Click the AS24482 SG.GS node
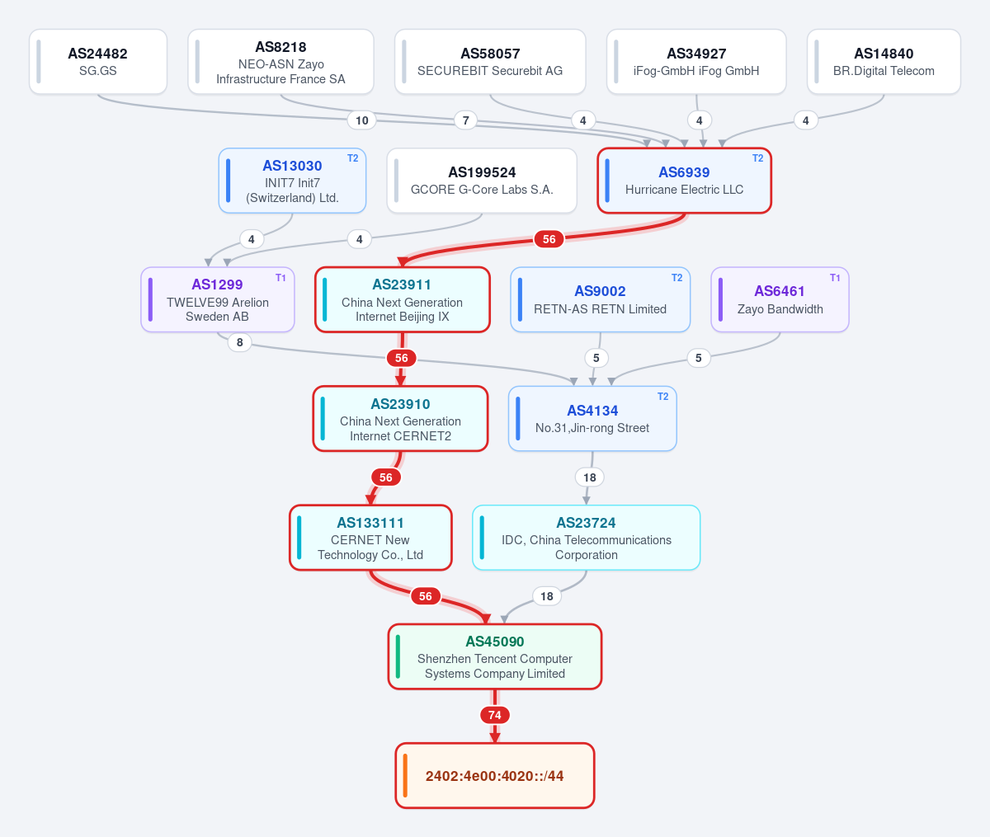point(97,62)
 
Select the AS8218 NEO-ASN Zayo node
point(280,62)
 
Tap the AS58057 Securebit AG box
point(490,62)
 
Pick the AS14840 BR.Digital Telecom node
point(884,62)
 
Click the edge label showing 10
point(361,120)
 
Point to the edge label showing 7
point(465,120)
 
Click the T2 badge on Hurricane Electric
point(757,158)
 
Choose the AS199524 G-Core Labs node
point(482,181)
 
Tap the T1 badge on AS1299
point(280,278)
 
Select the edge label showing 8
point(239,342)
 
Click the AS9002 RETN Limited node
point(600,299)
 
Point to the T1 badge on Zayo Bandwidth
point(835,278)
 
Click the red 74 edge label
point(495,715)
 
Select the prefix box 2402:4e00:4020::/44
point(495,776)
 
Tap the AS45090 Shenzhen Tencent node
point(495,656)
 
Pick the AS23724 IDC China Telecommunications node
point(587,538)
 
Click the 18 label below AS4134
point(590,477)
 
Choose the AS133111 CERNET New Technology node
point(370,538)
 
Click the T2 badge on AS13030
point(352,158)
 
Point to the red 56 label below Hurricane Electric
point(549,239)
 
